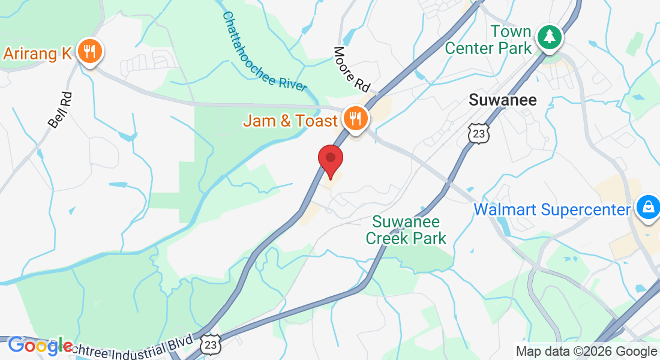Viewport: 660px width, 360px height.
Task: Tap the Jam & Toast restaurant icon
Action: coord(356,119)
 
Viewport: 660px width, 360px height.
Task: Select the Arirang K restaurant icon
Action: coord(90,52)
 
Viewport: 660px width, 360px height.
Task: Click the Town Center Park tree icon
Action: coord(548,37)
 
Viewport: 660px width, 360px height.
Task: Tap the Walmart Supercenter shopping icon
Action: coord(647,208)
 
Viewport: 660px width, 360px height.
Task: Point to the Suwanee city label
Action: coord(502,100)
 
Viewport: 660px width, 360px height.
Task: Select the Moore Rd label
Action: coord(352,69)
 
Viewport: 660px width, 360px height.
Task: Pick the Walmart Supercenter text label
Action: coord(553,209)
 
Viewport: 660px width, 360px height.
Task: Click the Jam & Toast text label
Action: coord(290,121)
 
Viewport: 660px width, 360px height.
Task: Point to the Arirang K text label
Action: coord(38,53)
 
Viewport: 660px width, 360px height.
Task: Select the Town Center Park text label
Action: coord(488,40)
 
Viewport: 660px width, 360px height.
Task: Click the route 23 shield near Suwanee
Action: coord(479,134)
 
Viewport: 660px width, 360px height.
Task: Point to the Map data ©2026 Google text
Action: coord(587,351)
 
